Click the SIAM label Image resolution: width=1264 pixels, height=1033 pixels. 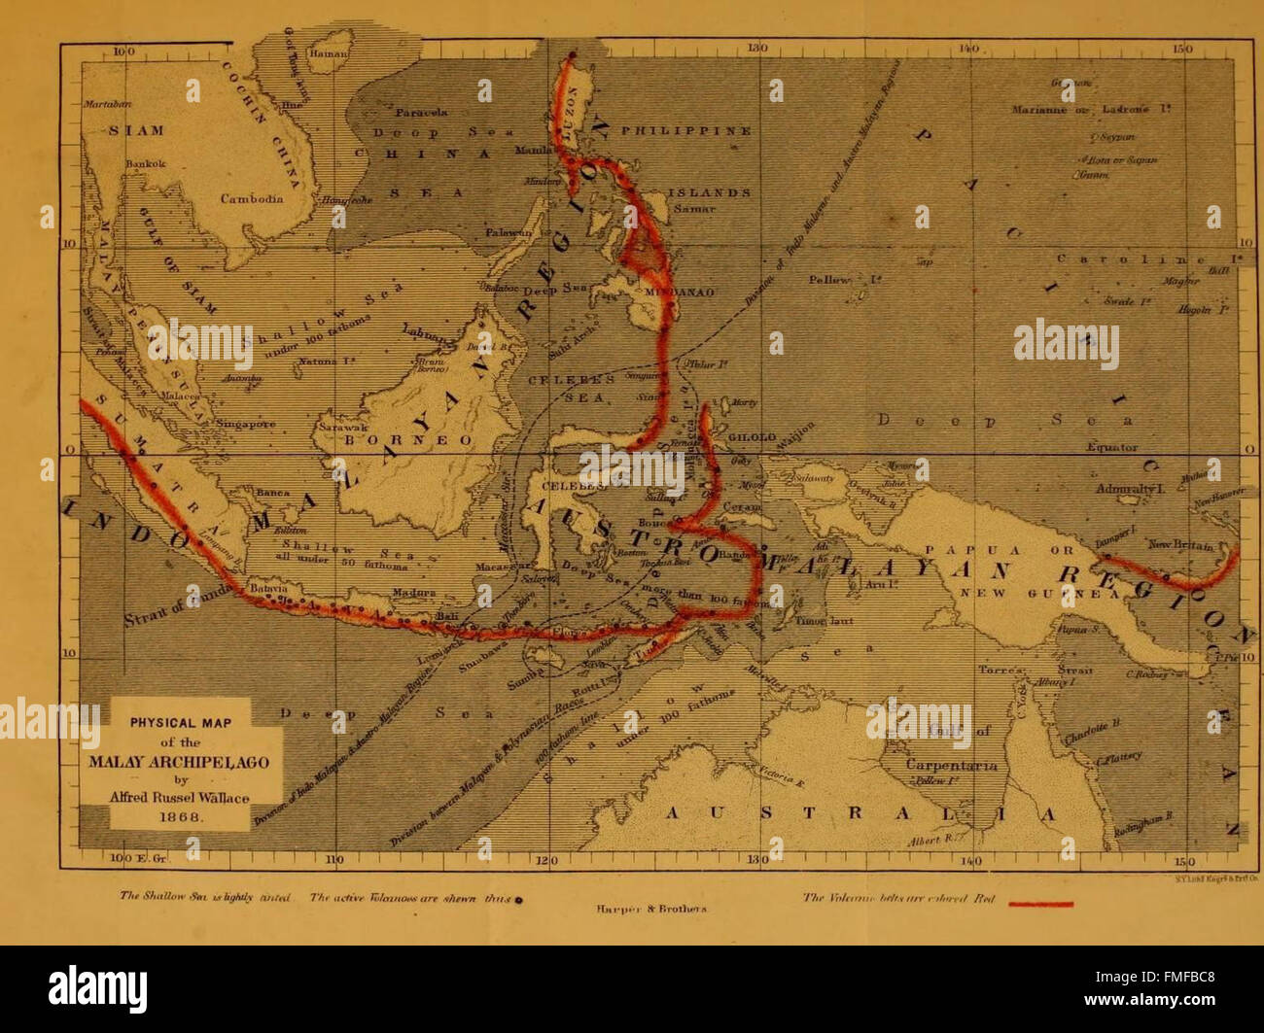(x=136, y=130)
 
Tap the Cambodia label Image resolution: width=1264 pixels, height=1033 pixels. (x=251, y=198)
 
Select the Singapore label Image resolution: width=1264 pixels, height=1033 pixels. (x=246, y=424)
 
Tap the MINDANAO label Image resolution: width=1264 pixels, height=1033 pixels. (x=686, y=292)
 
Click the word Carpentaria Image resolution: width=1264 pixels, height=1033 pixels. (x=951, y=765)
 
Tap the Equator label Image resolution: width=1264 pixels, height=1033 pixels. (x=1111, y=447)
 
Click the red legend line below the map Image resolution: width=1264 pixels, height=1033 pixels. (x=1041, y=904)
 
